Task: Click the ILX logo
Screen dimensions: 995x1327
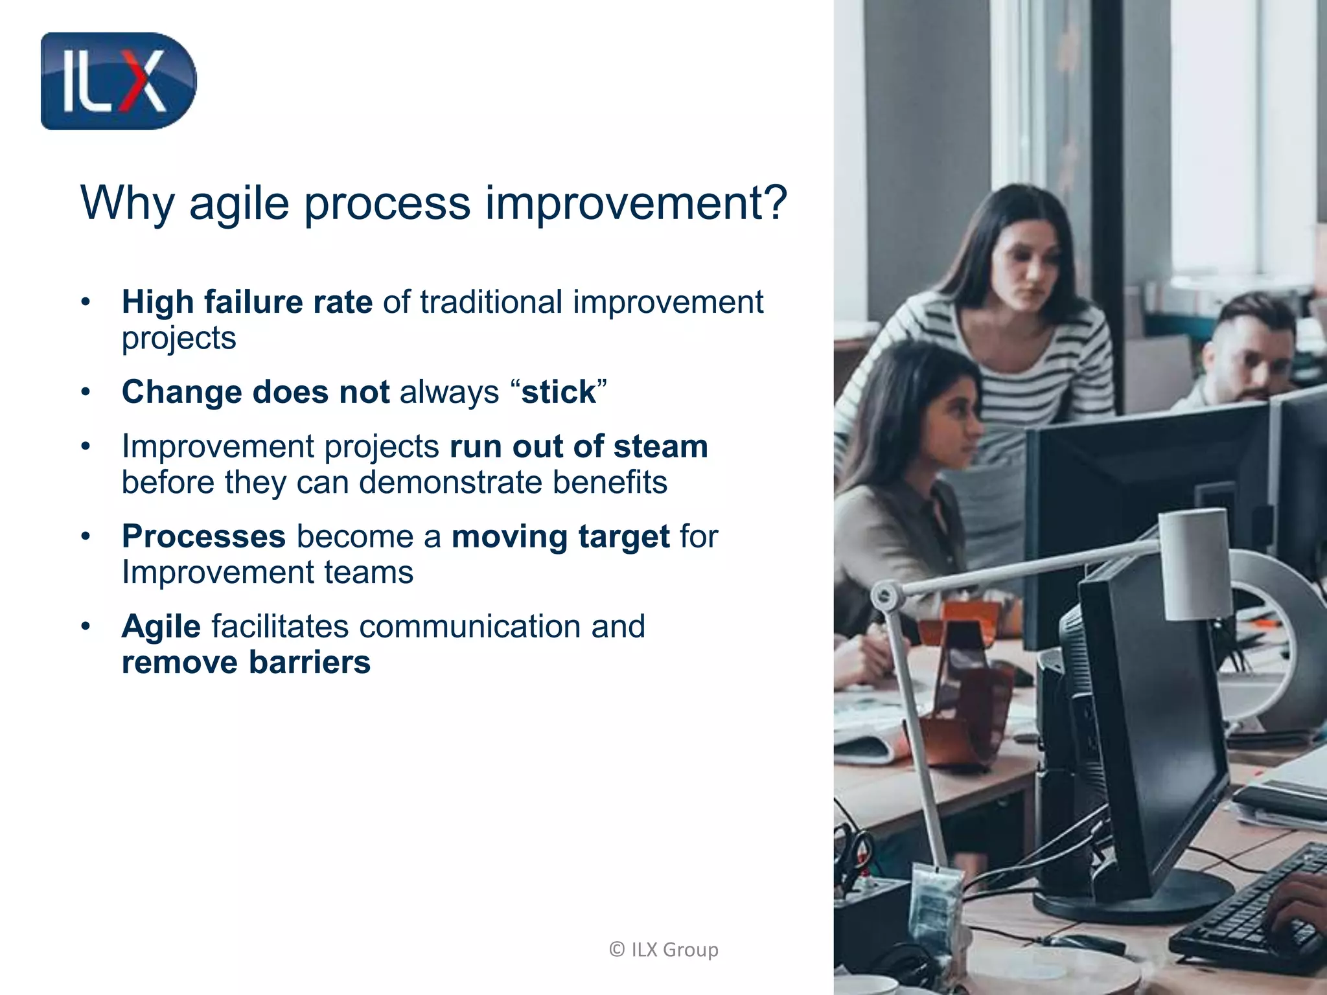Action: [x=118, y=81]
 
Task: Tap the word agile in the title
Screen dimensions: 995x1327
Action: [x=239, y=203]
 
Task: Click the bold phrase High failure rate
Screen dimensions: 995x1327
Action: [x=247, y=302]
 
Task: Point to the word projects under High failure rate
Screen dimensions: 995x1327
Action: [x=179, y=338]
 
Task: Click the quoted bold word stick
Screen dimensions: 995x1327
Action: [x=559, y=392]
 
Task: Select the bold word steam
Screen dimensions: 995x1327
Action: [x=660, y=446]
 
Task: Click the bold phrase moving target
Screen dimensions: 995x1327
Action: [x=560, y=536]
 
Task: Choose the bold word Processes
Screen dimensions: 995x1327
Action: [x=203, y=536]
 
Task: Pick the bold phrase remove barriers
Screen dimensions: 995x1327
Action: [x=246, y=662]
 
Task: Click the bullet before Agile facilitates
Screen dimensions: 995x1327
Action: [x=85, y=626]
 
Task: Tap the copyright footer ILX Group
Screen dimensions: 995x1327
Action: [x=664, y=949]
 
